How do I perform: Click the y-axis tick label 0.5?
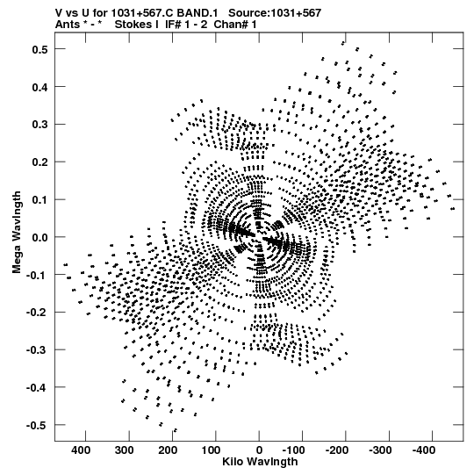tap(39, 49)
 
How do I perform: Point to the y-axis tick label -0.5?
tap(38, 425)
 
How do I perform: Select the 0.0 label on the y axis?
tap(39, 237)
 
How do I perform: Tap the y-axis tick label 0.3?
tap(39, 125)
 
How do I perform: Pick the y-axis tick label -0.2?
tap(38, 313)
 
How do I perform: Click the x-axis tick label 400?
tap(81, 450)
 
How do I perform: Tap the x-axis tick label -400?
tap(424, 450)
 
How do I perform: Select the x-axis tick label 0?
tap(259, 450)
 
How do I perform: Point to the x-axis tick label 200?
tap(167, 450)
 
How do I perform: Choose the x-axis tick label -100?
tap(294, 450)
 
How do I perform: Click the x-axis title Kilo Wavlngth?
tap(260, 462)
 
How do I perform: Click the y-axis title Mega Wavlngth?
tap(17, 233)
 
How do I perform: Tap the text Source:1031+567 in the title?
tap(275, 13)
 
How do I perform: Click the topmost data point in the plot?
tap(343, 43)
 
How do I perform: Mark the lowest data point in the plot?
tap(175, 430)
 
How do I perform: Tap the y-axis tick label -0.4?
tap(38, 387)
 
